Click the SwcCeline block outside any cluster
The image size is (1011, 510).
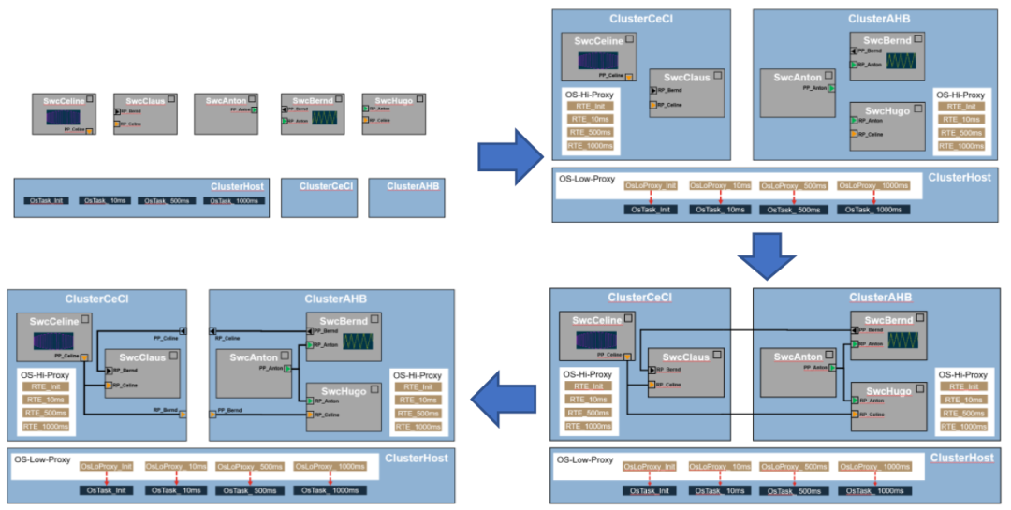63,114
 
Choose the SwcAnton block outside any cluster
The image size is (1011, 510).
227,114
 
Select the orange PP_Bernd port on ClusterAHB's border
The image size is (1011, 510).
212,414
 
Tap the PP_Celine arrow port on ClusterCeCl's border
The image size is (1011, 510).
183,330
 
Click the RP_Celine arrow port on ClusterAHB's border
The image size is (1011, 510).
213,330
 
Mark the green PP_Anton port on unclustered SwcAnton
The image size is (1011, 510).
256,110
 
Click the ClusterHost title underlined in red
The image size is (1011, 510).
960,458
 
